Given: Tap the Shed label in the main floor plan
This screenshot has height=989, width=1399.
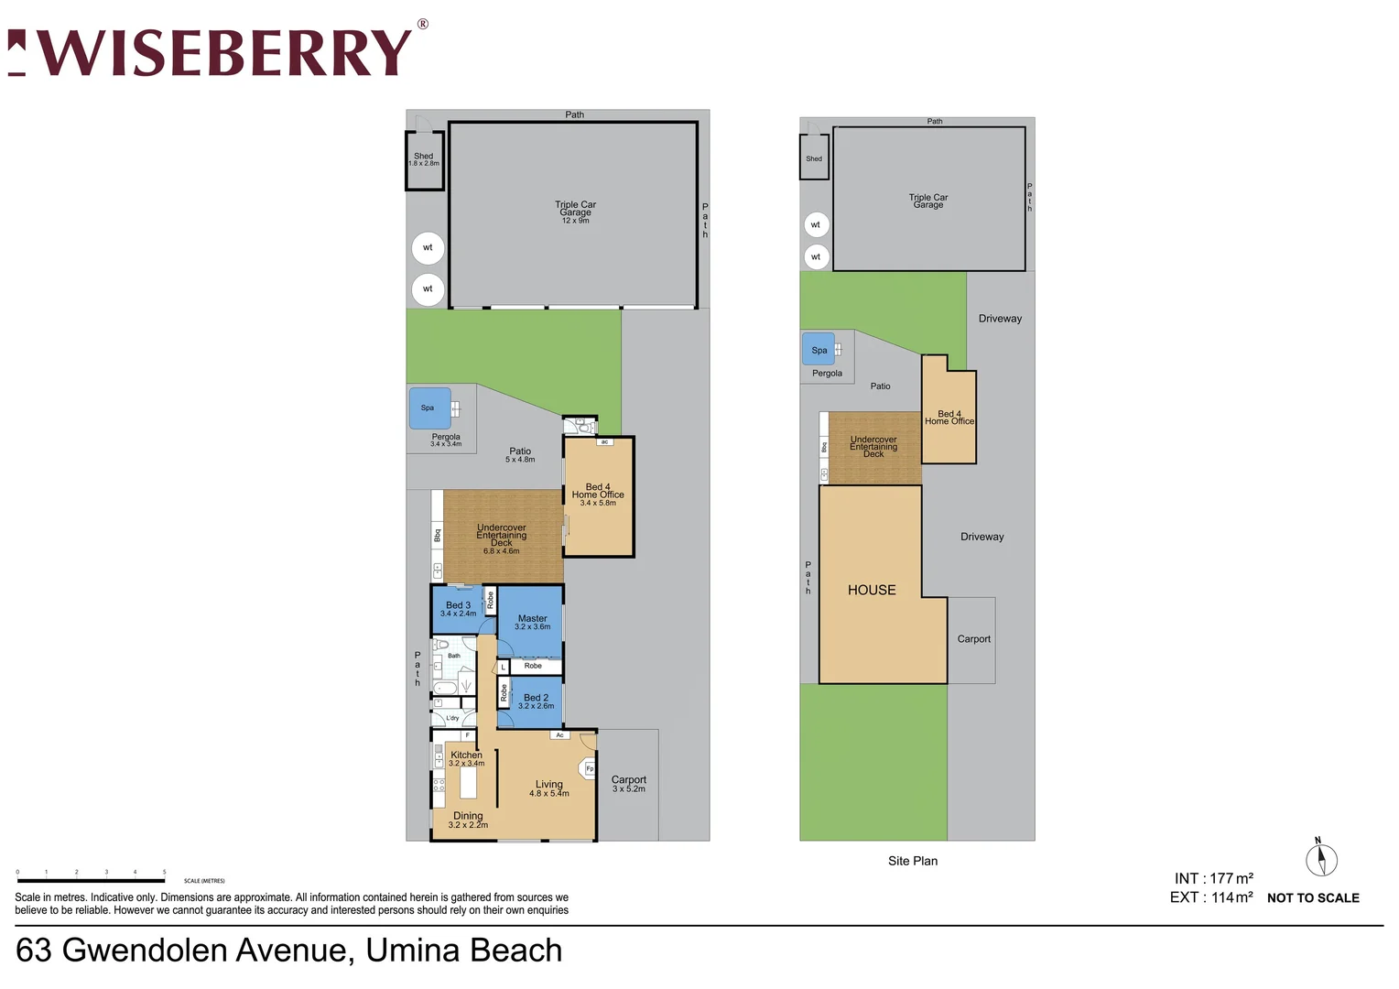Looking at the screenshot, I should click(x=423, y=158).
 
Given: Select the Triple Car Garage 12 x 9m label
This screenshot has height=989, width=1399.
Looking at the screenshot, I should click(x=575, y=212).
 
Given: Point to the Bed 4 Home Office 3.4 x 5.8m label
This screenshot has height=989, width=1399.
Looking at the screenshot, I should click(x=598, y=494).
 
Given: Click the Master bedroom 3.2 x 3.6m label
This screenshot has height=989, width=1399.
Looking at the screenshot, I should click(x=532, y=622).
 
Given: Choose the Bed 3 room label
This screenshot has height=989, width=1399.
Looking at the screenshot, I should click(x=458, y=608).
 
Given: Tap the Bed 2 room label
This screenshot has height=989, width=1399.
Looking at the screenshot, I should click(x=536, y=701).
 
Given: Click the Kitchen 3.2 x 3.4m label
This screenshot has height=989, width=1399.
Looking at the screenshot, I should click(x=466, y=758).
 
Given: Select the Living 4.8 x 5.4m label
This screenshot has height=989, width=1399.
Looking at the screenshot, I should click(x=548, y=788).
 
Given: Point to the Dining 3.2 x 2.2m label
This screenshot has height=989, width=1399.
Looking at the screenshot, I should click(x=468, y=820).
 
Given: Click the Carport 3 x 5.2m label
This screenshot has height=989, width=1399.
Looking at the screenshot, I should click(x=628, y=783).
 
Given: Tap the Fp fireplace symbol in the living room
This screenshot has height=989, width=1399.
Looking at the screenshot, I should click(x=589, y=768).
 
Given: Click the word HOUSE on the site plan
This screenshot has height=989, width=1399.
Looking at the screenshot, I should click(x=872, y=590).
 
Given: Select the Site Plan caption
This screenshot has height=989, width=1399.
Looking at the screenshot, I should click(x=912, y=861).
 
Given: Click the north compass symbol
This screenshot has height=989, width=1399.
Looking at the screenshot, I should click(x=1320, y=859).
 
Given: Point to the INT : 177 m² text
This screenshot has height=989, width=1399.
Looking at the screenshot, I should click(x=1213, y=878).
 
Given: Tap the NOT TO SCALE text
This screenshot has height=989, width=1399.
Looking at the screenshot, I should click(x=1312, y=898).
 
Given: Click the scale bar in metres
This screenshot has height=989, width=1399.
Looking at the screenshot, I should click(x=91, y=880).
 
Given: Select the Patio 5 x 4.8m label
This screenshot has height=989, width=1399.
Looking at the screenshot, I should click(x=520, y=454).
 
